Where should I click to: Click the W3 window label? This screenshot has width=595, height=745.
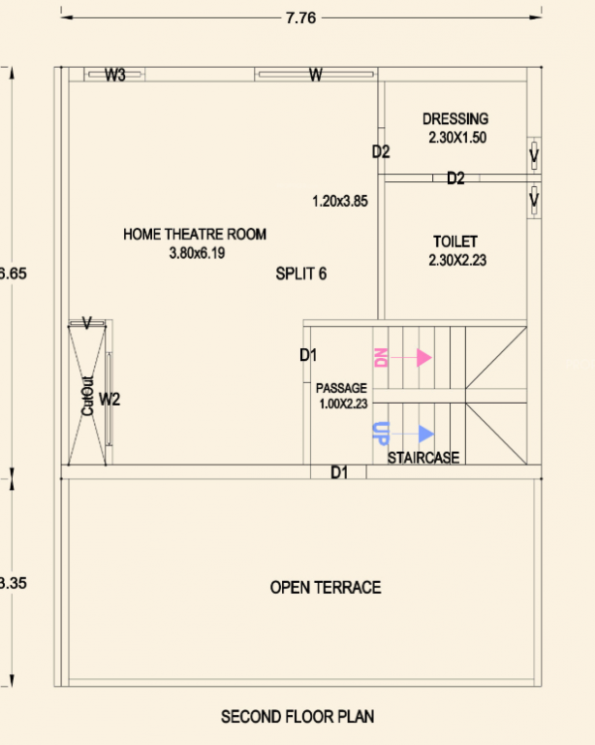click(115, 76)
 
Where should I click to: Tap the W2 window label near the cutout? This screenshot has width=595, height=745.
click(110, 399)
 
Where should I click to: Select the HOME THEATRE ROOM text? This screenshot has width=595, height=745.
click(195, 234)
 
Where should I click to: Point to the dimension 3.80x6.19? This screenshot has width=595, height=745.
click(197, 254)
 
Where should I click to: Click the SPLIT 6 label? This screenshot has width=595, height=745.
click(301, 275)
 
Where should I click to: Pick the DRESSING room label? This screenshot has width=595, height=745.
click(455, 119)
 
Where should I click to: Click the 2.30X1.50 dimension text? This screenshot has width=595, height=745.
click(457, 138)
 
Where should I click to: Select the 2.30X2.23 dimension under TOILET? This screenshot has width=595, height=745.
click(457, 260)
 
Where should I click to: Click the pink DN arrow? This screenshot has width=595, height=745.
click(411, 357)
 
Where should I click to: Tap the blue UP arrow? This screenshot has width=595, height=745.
click(411, 433)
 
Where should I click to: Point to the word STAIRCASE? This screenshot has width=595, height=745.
click(423, 457)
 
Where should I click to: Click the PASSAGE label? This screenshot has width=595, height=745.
click(341, 388)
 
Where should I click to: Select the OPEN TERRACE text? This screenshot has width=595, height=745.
click(326, 587)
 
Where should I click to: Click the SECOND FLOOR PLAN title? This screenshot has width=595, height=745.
click(297, 717)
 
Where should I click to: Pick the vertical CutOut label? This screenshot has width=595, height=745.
click(87, 396)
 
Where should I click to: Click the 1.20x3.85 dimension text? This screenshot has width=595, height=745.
click(341, 202)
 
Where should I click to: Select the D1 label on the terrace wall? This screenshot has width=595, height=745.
click(339, 472)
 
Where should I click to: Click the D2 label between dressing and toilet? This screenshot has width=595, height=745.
click(455, 178)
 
